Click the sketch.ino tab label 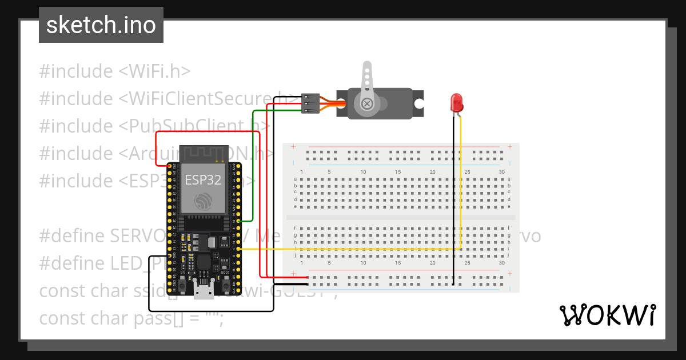click(101, 25)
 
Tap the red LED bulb click(457, 103)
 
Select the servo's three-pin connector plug click(309, 103)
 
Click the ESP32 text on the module click(203, 179)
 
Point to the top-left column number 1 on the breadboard click(302, 172)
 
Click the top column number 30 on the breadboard click(501, 172)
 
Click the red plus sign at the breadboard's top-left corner click(293, 147)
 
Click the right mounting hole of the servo click(419, 104)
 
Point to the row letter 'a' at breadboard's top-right click(509, 179)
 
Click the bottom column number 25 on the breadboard click(467, 263)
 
